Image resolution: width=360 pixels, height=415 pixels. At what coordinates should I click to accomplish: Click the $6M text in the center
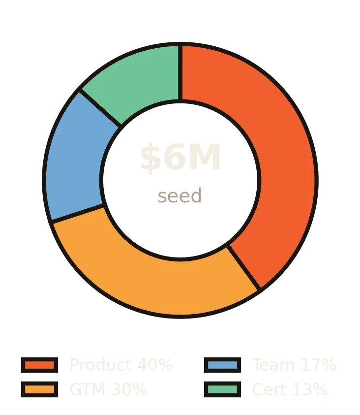180,158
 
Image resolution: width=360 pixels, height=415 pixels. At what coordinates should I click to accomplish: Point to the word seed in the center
180,196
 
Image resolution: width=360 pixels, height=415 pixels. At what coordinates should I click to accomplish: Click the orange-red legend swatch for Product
40,365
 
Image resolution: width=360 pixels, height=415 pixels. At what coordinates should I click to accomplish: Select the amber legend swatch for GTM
40,389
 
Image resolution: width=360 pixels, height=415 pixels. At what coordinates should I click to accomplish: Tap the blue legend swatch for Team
223,365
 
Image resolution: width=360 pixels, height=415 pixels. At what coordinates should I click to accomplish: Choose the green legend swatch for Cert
223,389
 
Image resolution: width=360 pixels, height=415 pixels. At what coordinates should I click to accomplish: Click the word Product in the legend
101,365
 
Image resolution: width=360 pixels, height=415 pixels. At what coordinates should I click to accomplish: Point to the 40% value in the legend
155,365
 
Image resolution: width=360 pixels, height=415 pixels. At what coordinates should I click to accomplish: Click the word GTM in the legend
88,389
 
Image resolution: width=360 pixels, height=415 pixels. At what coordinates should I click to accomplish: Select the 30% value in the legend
129,389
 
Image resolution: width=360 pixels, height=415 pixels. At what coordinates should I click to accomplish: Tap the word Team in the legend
273,365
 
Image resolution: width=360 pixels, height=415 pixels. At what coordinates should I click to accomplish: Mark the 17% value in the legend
319,365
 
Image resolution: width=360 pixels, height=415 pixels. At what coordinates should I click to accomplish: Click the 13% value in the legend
310,389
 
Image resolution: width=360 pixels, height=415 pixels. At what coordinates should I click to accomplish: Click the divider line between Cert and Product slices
180,72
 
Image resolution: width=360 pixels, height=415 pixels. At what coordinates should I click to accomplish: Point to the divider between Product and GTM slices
243,267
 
